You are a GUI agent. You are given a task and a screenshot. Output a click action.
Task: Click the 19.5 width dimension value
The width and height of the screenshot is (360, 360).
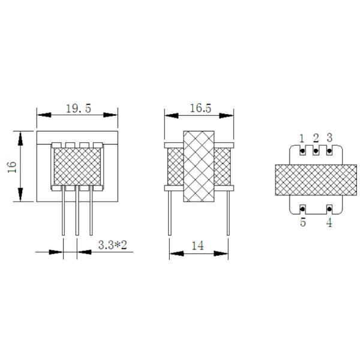click(x=79, y=109)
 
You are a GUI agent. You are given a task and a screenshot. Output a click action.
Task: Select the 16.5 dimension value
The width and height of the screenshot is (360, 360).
click(x=200, y=108)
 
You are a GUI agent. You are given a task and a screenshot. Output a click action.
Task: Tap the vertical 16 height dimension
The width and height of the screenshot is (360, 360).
click(x=12, y=167)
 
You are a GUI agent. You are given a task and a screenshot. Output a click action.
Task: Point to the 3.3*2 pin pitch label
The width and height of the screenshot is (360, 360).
click(x=113, y=245)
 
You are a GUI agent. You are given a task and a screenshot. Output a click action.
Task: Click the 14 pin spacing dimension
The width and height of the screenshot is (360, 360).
click(x=197, y=245)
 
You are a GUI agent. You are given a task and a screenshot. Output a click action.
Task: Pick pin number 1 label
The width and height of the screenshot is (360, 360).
click(x=302, y=139)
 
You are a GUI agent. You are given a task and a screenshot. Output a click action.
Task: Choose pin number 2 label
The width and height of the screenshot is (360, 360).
click(x=316, y=138)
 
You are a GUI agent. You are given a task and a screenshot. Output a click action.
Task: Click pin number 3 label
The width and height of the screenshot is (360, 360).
click(x=329, y=137)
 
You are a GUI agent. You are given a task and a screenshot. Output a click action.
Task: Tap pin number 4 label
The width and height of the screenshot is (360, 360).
click(x=329, y=223)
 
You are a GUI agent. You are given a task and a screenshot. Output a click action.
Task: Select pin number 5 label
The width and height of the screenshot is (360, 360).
click(x=303, y=223)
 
